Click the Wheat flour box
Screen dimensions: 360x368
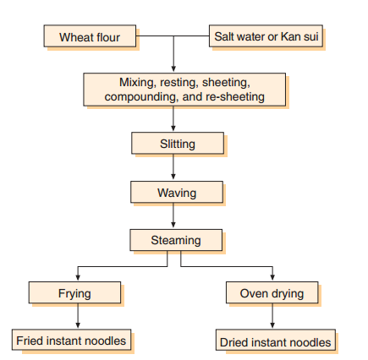pos(90,37)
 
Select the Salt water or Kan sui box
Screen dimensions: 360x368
pos(266,37)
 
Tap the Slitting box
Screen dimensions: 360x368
pos(177,144)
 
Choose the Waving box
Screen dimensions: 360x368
pos(177,193)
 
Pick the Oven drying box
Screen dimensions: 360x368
pos(272,293)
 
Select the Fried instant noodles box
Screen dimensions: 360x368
pos(72,341)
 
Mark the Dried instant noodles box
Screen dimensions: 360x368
pos(275,341)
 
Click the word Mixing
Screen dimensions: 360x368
pos(136,82)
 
